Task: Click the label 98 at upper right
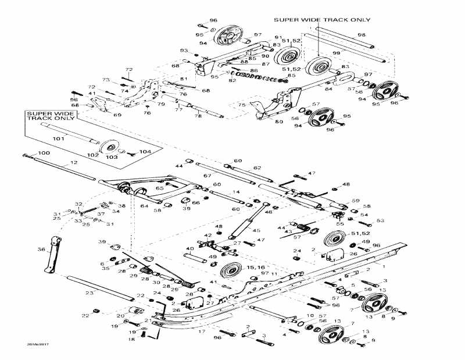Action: click(362, 35)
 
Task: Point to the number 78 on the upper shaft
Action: click(198, 116)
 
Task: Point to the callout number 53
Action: click(381, 220)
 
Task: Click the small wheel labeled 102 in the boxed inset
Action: click(108, 147)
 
